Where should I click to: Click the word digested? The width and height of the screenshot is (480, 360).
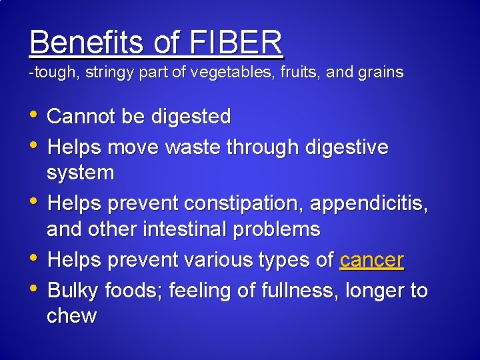pyautogui.click(x=191, y=117)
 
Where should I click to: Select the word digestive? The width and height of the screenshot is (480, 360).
pyautogui.click(x=347, y=147)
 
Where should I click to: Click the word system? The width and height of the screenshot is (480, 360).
pyautogui.click(x=81, y=173)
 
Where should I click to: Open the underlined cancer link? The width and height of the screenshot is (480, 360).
pyautogui.click(x=371, y=260)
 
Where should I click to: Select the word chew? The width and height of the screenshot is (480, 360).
pyautogui.click(x=71, y=316)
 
